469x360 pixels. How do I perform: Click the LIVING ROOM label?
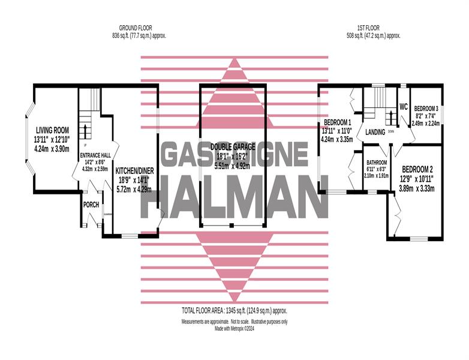click(x=52, y=130)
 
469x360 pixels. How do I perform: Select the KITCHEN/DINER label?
click(x=133, y=170)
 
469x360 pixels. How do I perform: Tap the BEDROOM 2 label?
click(x=417, y=170)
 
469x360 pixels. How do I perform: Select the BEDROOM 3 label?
click(x=426, y=109)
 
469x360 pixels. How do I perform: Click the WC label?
click(x=404, y=106)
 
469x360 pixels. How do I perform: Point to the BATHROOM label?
click(x=377, y=163)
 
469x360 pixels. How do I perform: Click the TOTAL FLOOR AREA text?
click(x=235, y=311)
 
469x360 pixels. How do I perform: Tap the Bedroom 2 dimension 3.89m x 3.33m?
click(x=417, y=188)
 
